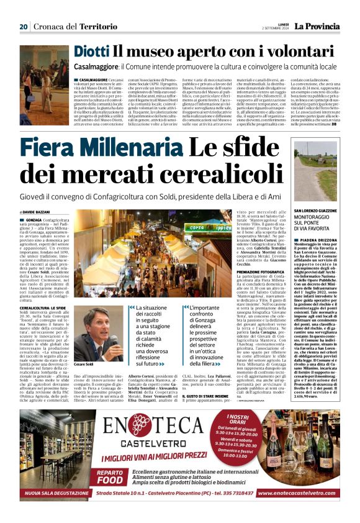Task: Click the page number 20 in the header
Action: coord(24,27)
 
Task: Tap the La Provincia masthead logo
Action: coord(317,26)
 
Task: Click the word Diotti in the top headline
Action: coord(91,52)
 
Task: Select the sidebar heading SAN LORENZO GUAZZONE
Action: coord(317,211)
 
